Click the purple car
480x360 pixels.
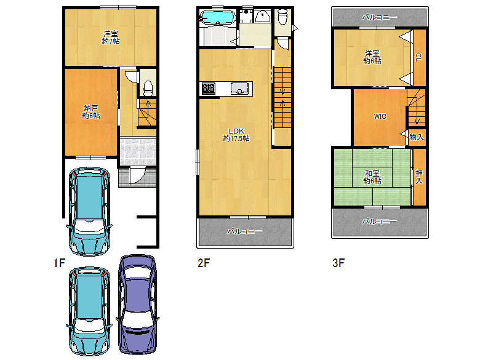137,305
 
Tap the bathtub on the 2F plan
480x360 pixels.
217,17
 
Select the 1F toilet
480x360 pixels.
148,88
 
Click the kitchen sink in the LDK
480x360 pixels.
239,89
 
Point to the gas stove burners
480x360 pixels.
209,89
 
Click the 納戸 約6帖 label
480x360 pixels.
91,112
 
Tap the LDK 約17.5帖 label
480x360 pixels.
236,135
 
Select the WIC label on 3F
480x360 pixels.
380,116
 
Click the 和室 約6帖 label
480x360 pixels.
372,177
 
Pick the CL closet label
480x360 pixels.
418,57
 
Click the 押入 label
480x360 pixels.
419,177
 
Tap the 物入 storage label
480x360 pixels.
417,137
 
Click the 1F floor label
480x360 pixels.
60,263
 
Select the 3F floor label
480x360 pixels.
338,263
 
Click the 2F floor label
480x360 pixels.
204,263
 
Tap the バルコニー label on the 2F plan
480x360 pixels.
244,231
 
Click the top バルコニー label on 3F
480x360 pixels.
380,17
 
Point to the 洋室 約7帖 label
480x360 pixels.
111,38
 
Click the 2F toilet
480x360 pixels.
282,17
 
